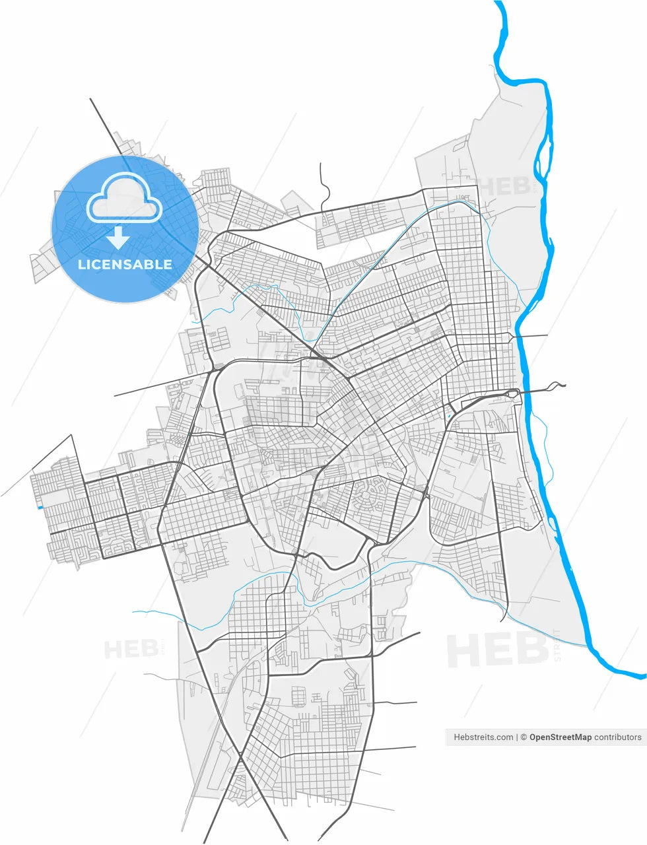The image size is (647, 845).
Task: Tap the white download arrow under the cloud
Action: pos(118,237)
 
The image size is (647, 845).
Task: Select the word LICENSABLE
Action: pos(125,265)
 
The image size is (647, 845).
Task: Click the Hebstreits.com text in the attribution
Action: pos(483,737)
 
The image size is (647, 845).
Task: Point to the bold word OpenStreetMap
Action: pos(560,737)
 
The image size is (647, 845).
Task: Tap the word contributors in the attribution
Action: pos(618,737)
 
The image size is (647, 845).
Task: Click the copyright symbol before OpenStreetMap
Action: pos(524,737)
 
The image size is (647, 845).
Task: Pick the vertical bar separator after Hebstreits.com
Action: pos(517,737)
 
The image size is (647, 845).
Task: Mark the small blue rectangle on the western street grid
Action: pos(40,507)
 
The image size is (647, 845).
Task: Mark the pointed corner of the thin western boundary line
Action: pos(71,436)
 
